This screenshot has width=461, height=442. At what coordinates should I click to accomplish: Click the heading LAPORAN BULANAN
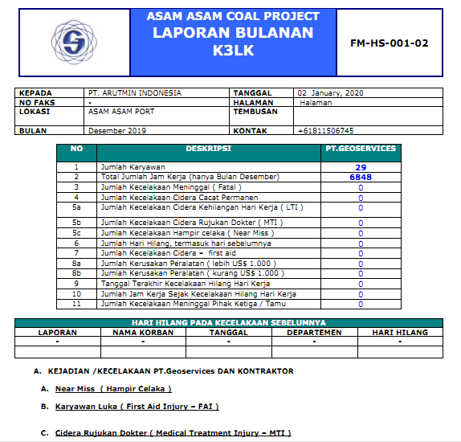233,33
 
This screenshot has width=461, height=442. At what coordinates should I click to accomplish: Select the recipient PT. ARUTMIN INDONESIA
135,93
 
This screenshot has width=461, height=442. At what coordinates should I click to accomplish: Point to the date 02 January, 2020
330,93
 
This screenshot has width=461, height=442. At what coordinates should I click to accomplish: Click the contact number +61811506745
325,130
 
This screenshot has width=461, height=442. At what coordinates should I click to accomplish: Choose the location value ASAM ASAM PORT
120,112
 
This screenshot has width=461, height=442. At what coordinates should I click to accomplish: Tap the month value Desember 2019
117,130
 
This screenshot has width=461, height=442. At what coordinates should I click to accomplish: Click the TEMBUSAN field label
256,112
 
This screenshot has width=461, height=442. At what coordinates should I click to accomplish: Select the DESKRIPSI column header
208,149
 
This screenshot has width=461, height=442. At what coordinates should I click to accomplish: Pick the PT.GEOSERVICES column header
360,149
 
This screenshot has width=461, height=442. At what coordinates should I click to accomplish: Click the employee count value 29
360,166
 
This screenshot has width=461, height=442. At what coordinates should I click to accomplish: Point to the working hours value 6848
360,177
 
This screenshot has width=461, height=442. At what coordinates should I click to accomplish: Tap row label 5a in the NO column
76,207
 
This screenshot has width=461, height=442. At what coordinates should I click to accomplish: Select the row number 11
76,304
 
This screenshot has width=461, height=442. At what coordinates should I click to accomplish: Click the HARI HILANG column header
400,333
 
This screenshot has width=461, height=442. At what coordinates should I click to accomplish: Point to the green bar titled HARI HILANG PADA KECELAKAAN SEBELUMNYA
230,323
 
